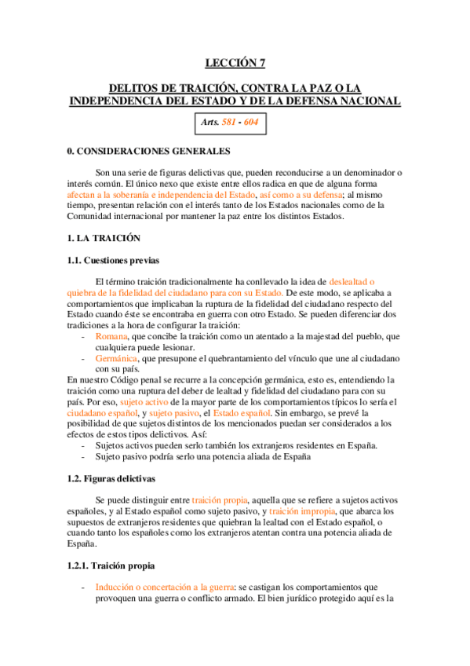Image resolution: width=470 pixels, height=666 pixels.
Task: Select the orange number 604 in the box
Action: (x=252, y=123)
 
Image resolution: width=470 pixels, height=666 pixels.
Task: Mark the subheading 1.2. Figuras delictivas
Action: (x=111, y=478)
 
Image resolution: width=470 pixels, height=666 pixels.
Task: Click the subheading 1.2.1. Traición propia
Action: (x=111, y=565)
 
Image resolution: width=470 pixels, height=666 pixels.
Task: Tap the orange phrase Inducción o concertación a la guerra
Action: (x=166, y=587)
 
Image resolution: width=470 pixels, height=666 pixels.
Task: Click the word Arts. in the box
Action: (x=210, y=123)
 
